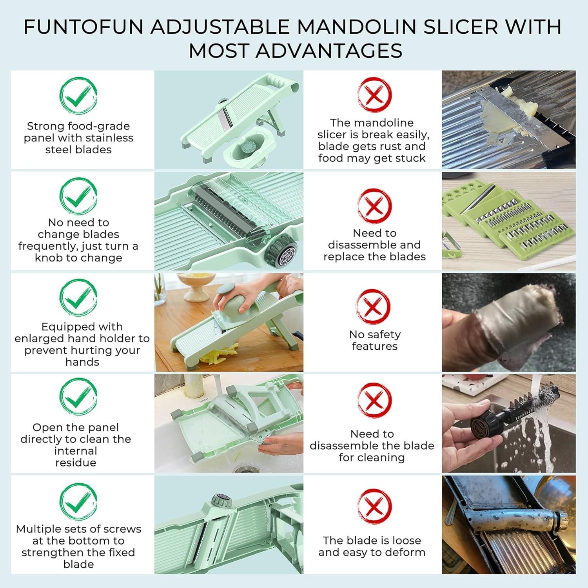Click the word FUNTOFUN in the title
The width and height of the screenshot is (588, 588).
pyautogui.click(x=84, y=27)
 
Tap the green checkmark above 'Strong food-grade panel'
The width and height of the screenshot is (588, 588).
pyautogui.click(x=78, y=96)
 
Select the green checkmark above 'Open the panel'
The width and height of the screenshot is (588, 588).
pyautogui.click(x=78, y=397)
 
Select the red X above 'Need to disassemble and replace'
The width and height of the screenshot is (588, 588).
pyautogui.click(x=374, y=206)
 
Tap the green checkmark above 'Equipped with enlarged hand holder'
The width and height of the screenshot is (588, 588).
pyautogui.click(x=78, y=297)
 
